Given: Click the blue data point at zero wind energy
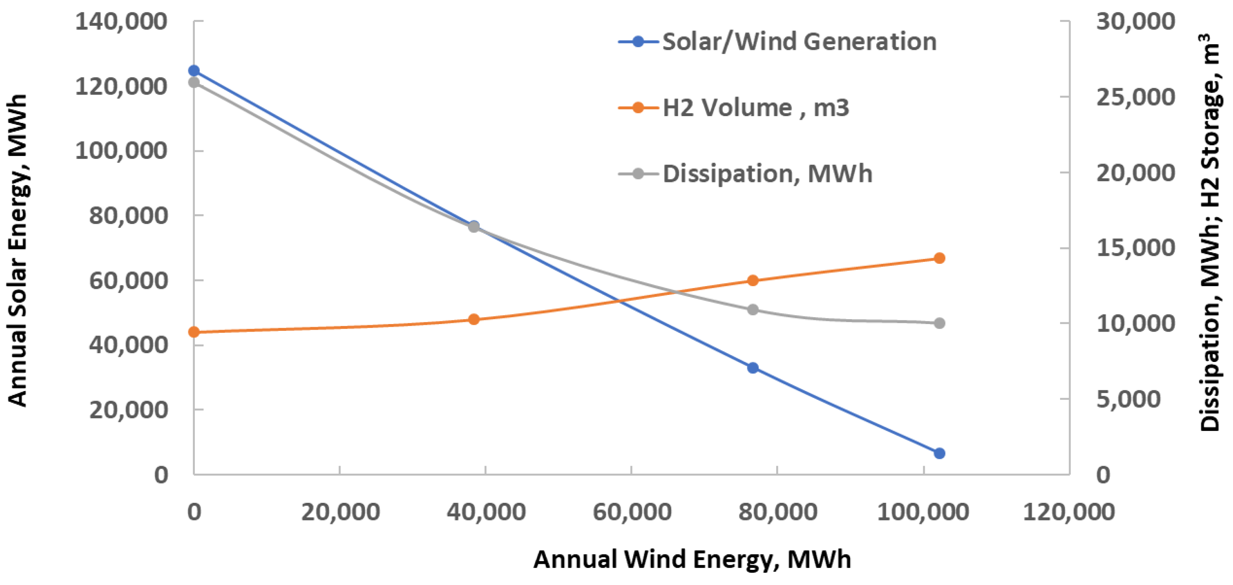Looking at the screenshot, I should [194, 71].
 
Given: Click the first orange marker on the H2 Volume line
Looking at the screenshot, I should [194, 332].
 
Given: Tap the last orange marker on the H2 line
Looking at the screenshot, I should [939, 258].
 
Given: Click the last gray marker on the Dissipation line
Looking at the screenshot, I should [939, 323].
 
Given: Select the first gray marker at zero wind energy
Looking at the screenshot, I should [194, 82].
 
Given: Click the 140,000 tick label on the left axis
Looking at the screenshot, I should [121, 22].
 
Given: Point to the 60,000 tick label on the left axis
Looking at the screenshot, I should [128, 281].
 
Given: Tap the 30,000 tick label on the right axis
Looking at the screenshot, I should [1135, 22].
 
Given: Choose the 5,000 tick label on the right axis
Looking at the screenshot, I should [1129, 399].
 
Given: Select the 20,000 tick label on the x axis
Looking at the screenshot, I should [340, 512].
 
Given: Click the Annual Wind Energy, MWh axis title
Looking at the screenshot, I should [692, 559].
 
